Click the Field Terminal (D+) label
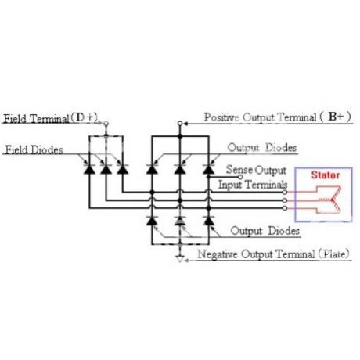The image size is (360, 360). [51, 118]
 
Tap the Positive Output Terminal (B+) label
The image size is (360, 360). [277, 117]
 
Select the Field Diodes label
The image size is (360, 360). [34, 149]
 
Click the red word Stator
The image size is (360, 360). [326, 175]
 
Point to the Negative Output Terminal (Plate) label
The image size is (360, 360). [273, 254]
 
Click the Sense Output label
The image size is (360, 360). [256, 170]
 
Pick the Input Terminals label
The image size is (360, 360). [253, 185]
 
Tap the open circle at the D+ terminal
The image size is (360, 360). [106, 124]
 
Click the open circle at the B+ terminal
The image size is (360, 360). [180, 124]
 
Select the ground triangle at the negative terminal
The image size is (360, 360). [180, 259]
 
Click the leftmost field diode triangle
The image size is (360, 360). [89, 170]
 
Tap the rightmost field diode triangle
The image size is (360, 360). [122, 170]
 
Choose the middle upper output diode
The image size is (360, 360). [180, 170]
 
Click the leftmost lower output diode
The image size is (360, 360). [152, 221]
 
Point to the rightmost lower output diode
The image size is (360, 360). [208, 221]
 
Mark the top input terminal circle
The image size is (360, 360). [285, 193]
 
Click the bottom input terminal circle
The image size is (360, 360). [285, 208]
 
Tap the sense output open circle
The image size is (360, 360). [240, 177]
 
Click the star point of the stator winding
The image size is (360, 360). [332, 200]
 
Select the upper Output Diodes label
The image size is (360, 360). [262, 148]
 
